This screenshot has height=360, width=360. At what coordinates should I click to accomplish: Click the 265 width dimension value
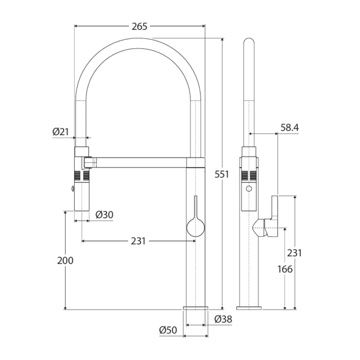click(139, 26)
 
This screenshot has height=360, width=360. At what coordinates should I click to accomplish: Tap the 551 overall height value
click(222, 175)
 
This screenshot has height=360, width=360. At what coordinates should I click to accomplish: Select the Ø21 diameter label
click(61, 132)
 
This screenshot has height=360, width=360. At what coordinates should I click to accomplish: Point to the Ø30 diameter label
click(104, 215)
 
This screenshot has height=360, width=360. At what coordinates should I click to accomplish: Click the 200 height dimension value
click(65, 261)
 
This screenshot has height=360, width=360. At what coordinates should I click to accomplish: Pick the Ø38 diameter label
click(223, 319)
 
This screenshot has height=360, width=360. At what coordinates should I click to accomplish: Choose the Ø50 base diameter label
click(168, 330)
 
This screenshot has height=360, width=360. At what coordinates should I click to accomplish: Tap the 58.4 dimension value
click(289, 128)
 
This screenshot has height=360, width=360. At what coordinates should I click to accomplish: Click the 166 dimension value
click(285, 269)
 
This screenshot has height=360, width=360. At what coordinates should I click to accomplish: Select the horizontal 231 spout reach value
click(138, 241)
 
